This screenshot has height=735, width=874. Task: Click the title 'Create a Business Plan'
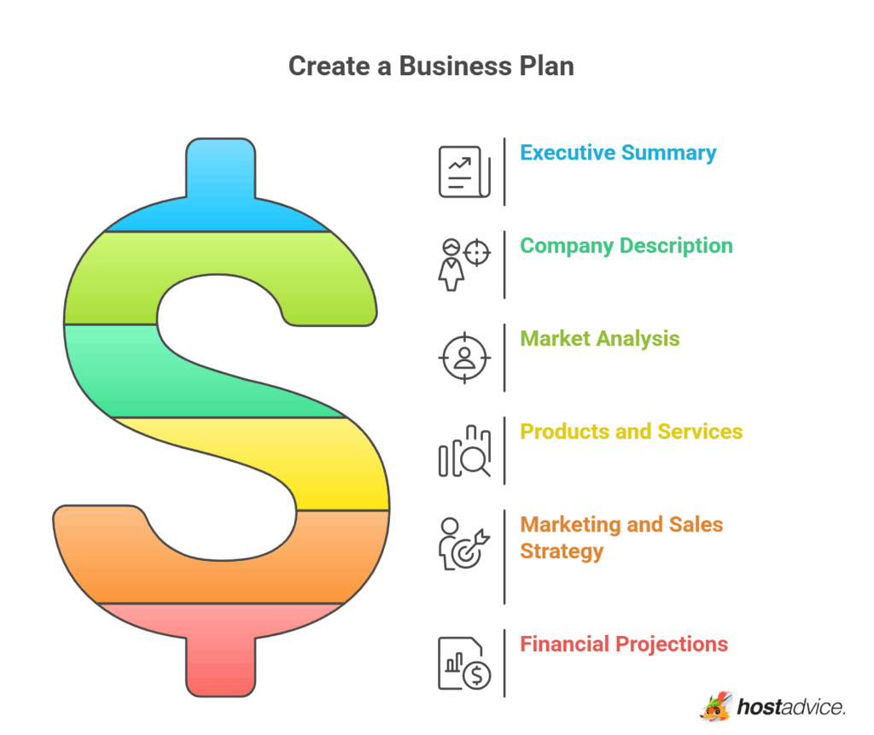tap(431, 67)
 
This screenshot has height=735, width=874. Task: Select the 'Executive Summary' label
tap(618, 153)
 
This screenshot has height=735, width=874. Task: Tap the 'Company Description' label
tap(626, 246)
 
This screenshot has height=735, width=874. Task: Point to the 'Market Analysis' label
tap(600, 339)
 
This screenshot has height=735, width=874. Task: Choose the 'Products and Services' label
tap(631, 432)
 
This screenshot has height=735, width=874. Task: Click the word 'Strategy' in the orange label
tap(562, 551)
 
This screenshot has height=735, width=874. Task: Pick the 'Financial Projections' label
tap(624, 645)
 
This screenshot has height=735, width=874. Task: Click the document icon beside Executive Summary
tap(464, 172)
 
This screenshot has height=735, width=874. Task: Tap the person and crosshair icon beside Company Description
tap(464, 265)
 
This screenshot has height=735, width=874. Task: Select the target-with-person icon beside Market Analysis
tap(464, 358)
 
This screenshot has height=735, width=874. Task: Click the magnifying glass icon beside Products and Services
tap(464, 451)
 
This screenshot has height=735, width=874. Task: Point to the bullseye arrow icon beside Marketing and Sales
tap(464, 544)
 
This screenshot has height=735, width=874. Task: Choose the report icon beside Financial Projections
tap(464, 663)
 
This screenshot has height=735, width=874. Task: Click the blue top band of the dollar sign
tap(221, 190)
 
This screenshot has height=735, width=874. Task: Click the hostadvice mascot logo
tap(716, 707)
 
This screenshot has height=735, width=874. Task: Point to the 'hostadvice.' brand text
tap(791, 707)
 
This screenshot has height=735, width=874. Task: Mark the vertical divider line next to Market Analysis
tap(504, 358)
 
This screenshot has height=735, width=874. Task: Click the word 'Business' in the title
tap(455, 67)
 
